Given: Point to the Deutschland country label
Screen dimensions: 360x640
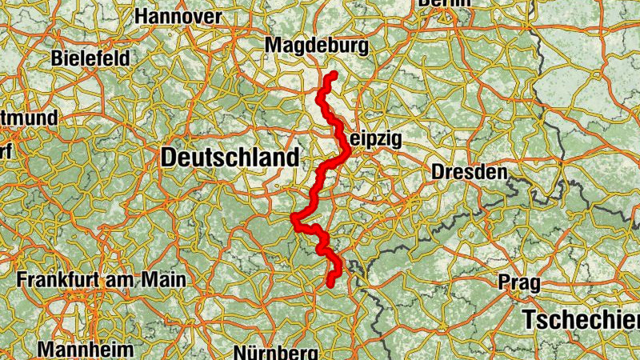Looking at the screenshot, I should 230,158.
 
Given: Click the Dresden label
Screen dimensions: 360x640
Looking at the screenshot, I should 469,172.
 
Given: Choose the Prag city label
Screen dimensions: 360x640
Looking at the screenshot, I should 518,282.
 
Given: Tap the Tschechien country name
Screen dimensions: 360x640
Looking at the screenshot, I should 582,319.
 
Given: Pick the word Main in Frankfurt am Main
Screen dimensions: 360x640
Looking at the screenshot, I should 164,281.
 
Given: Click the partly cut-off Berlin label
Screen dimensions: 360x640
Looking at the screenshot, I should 444,3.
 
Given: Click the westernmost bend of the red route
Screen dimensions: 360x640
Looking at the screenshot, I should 294,218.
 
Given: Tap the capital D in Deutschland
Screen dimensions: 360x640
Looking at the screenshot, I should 170,158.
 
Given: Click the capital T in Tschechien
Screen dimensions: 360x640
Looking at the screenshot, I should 530,319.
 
